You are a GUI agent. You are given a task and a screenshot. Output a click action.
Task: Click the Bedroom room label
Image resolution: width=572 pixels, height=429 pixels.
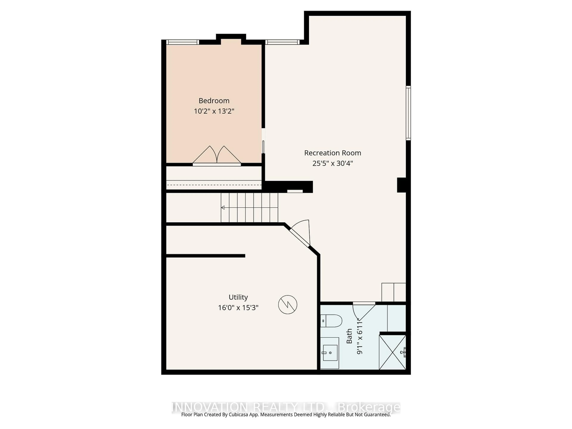[214, 101]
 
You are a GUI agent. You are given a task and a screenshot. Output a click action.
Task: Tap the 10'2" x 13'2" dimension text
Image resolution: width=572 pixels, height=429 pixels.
[214, 111]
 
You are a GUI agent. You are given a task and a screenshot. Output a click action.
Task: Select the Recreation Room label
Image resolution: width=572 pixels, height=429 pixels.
[332, 153]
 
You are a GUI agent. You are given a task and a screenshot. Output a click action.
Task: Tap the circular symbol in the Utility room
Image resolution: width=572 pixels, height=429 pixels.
[287, 305]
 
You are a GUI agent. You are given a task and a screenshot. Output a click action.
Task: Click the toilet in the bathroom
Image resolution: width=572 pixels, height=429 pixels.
[331, 321]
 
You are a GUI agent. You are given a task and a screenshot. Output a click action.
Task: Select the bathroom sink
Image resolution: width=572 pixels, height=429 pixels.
[330, 353]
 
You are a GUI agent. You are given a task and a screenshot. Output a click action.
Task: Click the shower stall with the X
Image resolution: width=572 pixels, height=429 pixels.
[392, 352]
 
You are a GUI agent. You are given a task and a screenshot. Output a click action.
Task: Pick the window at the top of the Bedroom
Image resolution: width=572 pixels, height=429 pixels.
[183, 42]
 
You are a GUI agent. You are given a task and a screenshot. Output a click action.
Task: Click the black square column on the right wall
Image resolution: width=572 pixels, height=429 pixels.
[401, 185]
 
